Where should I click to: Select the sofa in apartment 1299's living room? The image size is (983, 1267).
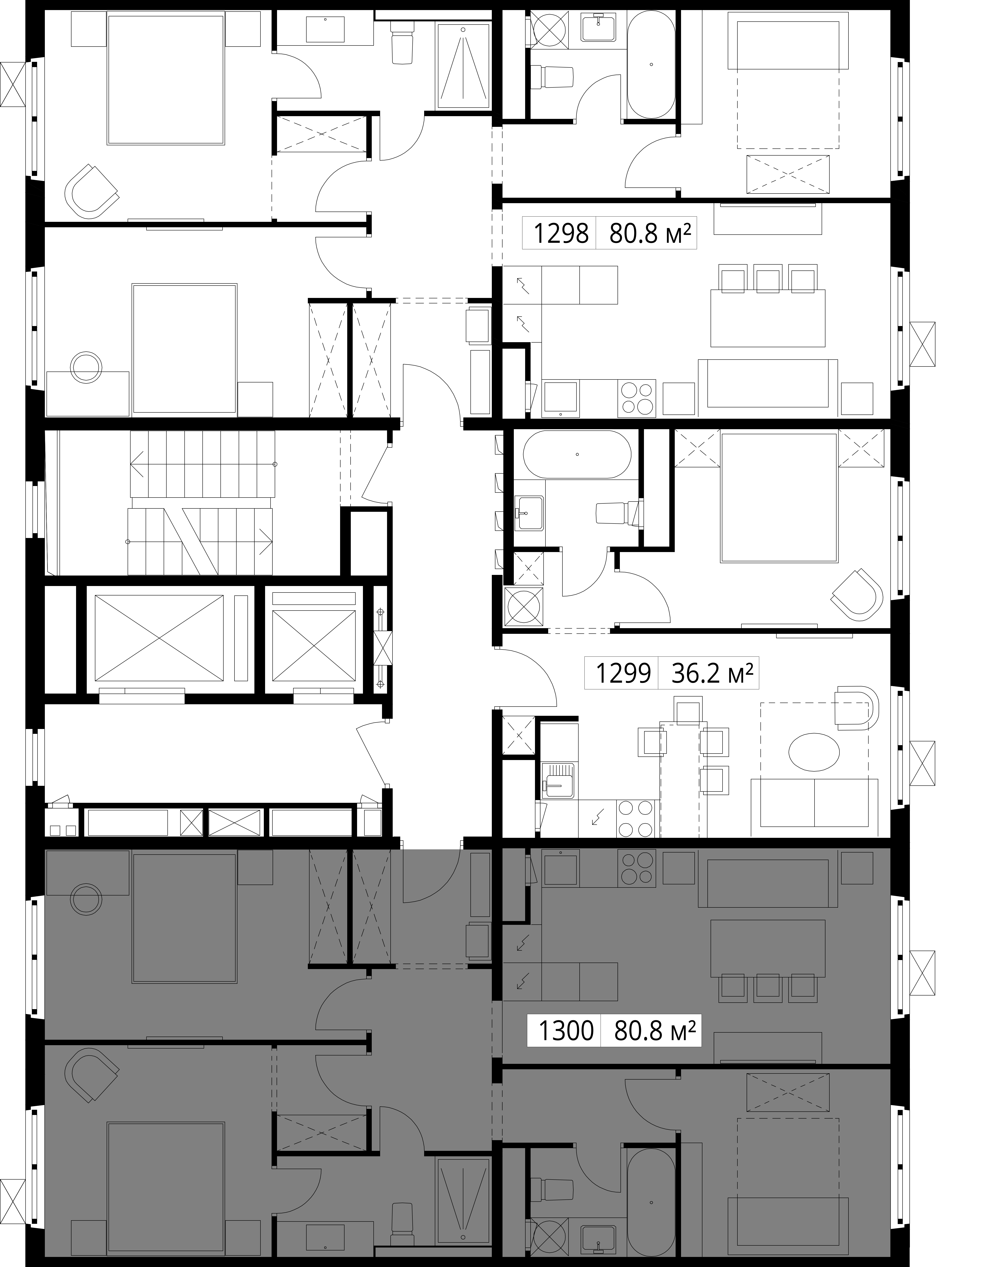[x=814, y=808]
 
